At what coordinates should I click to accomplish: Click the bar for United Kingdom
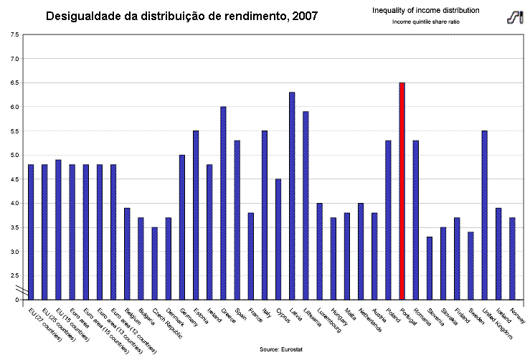pos(485,214)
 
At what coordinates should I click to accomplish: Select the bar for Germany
pos(181,227)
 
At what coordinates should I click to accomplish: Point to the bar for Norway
pos(512,258)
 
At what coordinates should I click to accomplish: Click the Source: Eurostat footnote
pos(280,348)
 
